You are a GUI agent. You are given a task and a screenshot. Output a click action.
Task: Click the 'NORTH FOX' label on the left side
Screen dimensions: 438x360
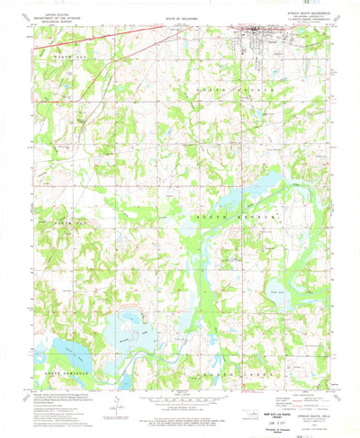point(67,219)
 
